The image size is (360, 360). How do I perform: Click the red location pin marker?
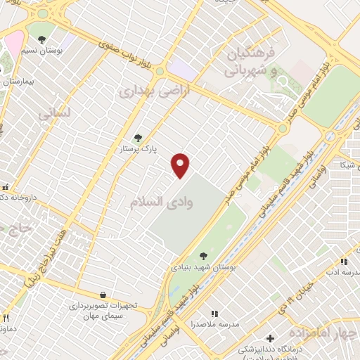coord(181,165)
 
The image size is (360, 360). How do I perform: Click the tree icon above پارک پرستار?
coord(138,138)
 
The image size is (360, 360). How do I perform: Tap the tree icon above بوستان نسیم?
coord(42,39)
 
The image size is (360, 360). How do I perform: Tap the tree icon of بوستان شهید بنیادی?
coord(203,256)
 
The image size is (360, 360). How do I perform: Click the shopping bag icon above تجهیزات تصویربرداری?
coord(103,295)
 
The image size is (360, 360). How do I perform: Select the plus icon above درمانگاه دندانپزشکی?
coord(270,338)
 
